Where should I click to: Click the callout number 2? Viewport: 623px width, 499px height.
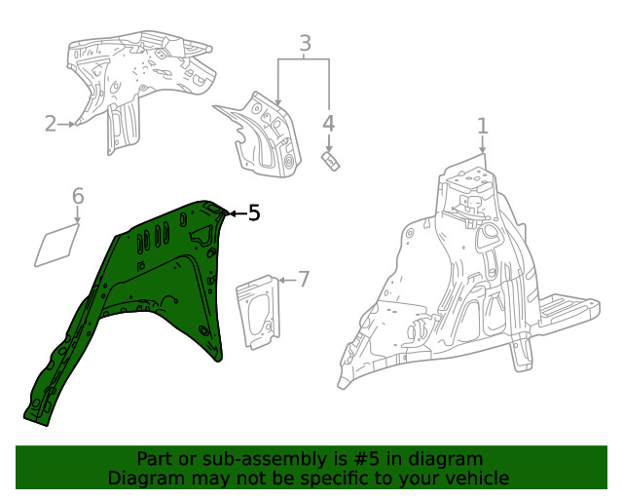point(51,124)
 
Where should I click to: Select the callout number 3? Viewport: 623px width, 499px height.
point(305,43)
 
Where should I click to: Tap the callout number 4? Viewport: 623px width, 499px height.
point(329,123)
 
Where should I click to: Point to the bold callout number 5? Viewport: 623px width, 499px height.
point(254,212)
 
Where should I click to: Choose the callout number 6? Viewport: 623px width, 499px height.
point(79,199)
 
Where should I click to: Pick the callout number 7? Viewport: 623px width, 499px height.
point(303,280)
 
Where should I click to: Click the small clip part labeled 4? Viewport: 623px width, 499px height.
point(331,159)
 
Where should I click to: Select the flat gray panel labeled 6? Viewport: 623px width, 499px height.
point(58,245)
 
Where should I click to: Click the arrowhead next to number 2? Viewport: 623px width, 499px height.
point(73,124)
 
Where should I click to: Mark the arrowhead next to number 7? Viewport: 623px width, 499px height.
point(282,280)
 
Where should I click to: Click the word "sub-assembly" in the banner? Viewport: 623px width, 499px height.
point(232,459)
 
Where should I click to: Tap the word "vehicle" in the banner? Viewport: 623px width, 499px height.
point(477,478)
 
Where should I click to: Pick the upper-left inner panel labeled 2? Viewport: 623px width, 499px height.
point(136,78)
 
